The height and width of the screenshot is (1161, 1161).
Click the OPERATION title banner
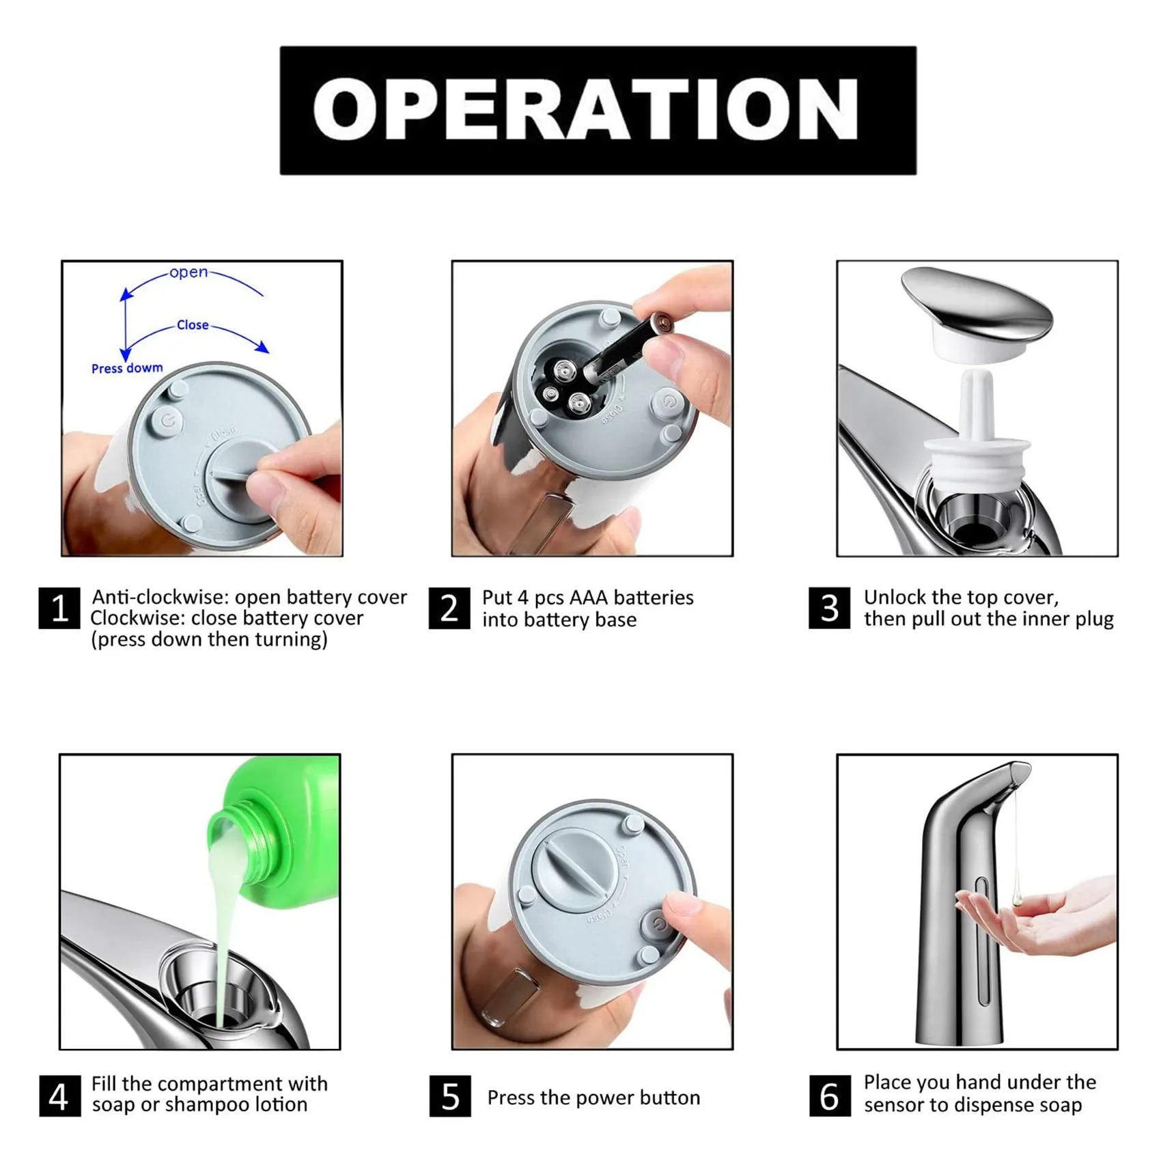tap(598, 110)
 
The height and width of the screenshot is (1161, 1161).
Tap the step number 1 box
tap(59, 608)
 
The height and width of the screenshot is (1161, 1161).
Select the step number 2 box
tap(449, 608)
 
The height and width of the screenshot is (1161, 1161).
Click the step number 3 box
tap(830, 608)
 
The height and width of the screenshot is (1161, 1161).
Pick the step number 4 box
tap(59, 1096)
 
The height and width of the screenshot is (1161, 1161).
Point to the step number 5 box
tap(450, 1096)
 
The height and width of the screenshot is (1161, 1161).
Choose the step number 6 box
tap(830, 1096)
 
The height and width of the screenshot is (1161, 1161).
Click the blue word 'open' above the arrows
tap(188, 272)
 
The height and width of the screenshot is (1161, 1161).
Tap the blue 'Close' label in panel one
tap(193, 325)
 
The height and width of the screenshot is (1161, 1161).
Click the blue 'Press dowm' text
tap(127, 368)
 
